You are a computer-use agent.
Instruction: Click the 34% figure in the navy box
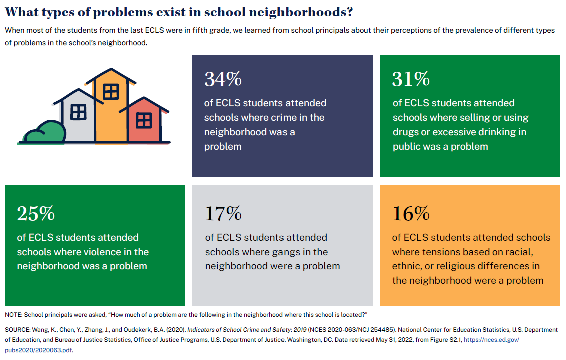click(x=223, y=79)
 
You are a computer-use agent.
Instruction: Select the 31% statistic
click(x=411, y=79)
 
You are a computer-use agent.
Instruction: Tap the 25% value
click(x=36, y=214)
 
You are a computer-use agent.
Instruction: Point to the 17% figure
click(x=223, y=214)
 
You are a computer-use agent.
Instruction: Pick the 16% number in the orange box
click(x=411, y=214)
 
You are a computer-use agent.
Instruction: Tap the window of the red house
click(x=144, y=120)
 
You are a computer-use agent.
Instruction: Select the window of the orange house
click(x=110, y=92)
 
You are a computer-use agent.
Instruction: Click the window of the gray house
click(x=78, y=112)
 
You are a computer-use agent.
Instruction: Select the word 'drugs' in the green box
click(x=406, y=132)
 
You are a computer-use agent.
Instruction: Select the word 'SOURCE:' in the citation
click(x=18, y=330)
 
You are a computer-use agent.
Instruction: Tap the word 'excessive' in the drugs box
click(x=454, y=132)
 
